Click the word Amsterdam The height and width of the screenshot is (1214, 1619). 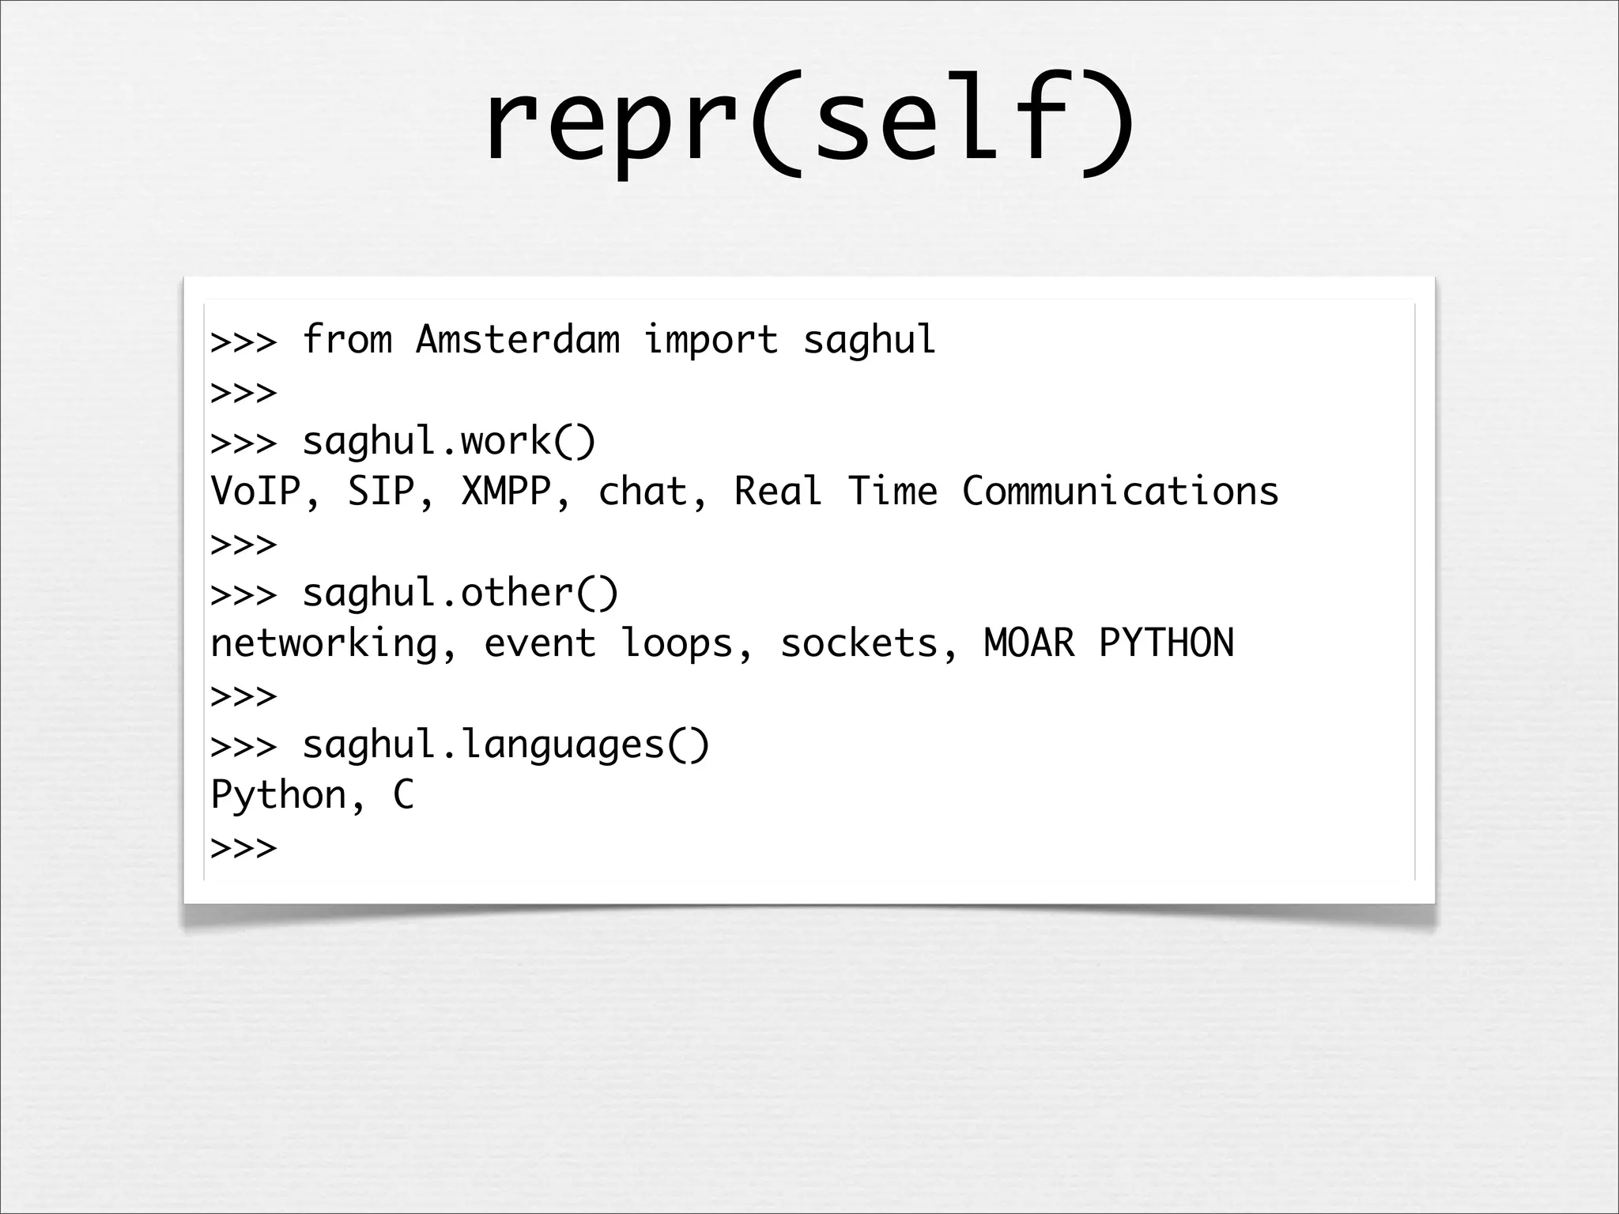518,340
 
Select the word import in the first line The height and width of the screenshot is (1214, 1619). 711,340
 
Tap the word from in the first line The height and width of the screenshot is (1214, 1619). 347,340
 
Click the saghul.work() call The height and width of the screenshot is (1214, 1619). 449,441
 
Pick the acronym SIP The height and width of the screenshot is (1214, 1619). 382,492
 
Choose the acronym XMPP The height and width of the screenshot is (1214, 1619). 506,492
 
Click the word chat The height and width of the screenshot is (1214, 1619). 643,492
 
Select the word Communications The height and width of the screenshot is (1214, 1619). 1120,492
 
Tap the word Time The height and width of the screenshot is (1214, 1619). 893,492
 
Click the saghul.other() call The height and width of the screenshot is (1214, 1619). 460,593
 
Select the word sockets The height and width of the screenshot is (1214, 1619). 859,643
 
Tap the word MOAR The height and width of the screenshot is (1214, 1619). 1029,643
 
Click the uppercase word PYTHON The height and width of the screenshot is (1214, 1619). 1166,643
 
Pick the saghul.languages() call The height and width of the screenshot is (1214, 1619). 506,745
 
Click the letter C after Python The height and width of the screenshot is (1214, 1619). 403,795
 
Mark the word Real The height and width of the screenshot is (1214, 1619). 779,492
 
